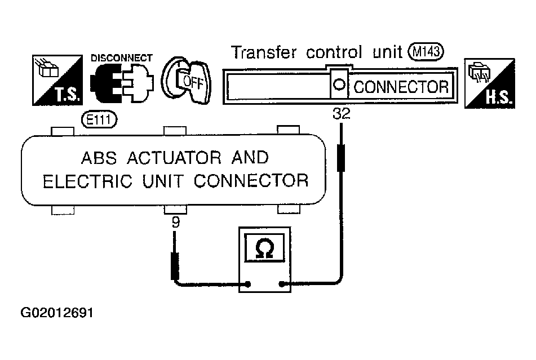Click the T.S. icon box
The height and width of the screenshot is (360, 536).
57,80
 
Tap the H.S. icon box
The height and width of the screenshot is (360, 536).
490,83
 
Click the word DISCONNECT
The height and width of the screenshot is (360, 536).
121,58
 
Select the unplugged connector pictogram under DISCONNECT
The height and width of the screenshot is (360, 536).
122,83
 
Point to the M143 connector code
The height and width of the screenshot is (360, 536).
426,52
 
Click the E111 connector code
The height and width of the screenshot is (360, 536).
99,120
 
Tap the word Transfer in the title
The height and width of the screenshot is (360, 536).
264,52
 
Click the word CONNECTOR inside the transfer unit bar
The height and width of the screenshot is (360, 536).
401,87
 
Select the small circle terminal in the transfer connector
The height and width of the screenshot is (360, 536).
339,85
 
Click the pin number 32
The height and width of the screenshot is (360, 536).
342,114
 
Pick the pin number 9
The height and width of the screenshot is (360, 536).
176,223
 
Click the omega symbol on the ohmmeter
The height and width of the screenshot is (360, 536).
265,248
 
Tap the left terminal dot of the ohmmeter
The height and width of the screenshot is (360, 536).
248,284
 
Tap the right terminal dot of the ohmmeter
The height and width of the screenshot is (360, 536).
282,284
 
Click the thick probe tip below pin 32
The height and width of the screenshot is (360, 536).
341,158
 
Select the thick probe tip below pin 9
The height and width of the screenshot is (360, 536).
175,266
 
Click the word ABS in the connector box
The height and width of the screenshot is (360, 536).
99,158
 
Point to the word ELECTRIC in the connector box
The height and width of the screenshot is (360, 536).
87,181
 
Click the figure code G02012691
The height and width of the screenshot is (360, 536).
57,313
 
